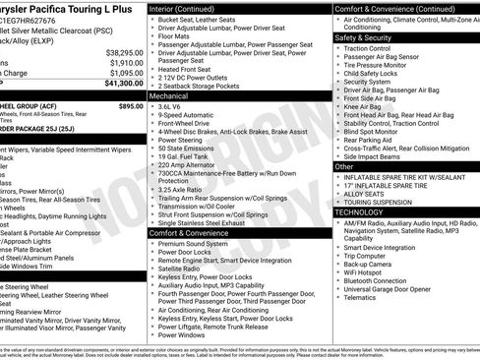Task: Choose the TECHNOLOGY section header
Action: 359,211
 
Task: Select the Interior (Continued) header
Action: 187,7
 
